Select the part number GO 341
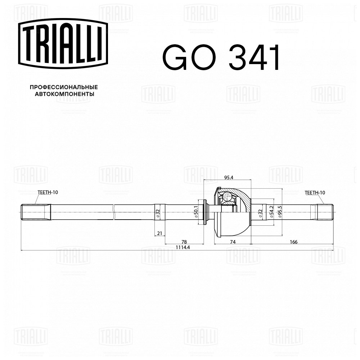tap(221, 57)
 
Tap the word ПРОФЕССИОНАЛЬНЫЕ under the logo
tap(64, 87)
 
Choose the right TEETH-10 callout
tap(315, 193)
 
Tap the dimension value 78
tap(184, 242)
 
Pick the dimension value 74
tap(233, 242)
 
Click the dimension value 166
tap(293, 242)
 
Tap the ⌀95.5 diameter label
tap(280, 212)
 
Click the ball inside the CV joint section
tap(227, 197)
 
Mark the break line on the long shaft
tap(114, 212)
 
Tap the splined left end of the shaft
tap(32, 212)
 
